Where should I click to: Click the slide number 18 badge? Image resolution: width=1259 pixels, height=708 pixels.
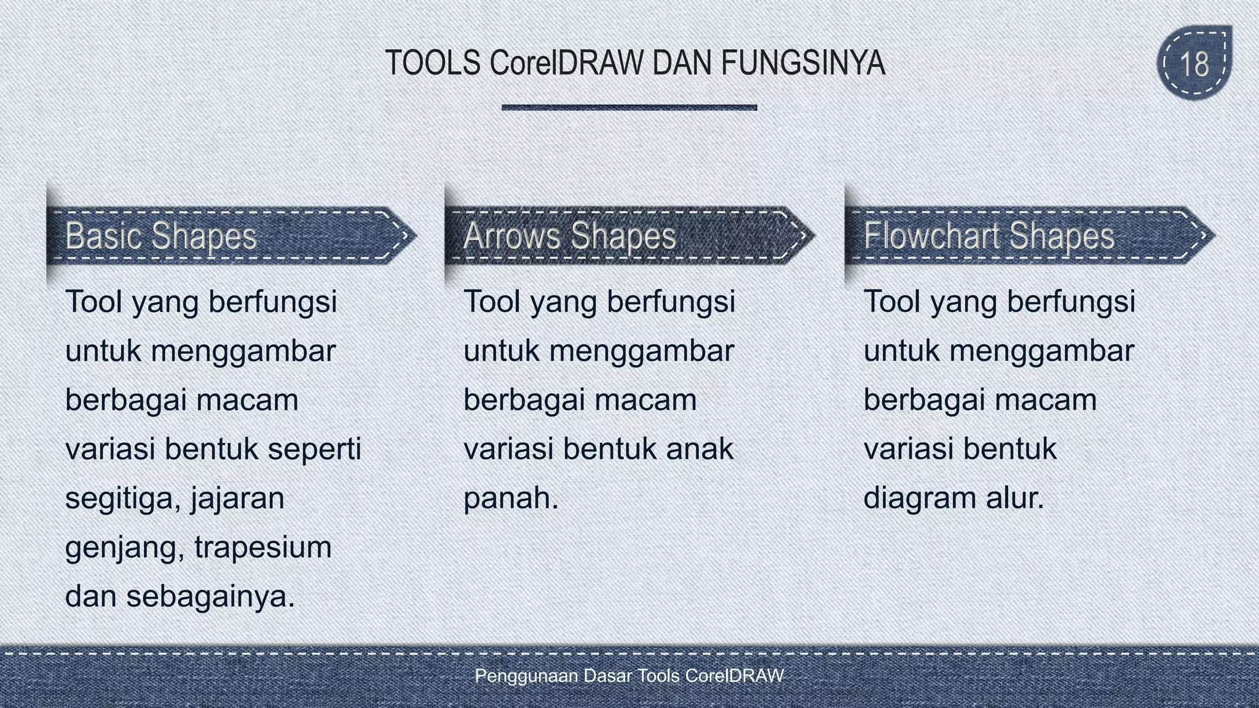1194,63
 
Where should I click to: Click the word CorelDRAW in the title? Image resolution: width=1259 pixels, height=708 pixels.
566,63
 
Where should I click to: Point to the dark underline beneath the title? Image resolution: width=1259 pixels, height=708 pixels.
629,108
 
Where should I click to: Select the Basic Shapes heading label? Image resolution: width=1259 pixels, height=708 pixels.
160,236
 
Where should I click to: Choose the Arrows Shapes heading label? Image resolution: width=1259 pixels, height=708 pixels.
569,236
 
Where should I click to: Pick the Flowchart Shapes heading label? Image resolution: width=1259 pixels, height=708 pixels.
989,236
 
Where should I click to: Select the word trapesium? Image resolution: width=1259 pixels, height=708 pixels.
263,548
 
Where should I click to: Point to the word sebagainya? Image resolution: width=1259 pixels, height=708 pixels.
210,597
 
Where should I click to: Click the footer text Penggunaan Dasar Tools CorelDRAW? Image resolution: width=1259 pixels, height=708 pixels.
629,676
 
